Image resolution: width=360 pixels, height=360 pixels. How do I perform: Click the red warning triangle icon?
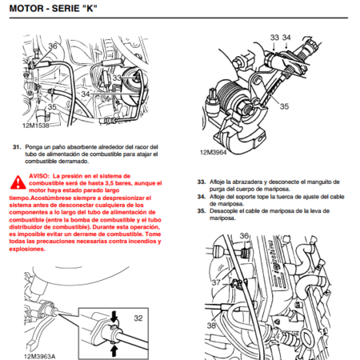click(17, 179)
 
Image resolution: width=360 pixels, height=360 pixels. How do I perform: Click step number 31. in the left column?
click(17, 147)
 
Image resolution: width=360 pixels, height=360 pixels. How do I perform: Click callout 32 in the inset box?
click(138, 318)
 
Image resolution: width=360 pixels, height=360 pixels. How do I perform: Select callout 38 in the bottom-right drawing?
click(212, 327)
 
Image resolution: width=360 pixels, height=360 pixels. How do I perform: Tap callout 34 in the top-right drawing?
click(286, 38)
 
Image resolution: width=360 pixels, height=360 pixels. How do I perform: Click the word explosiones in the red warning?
click(29, 248)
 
